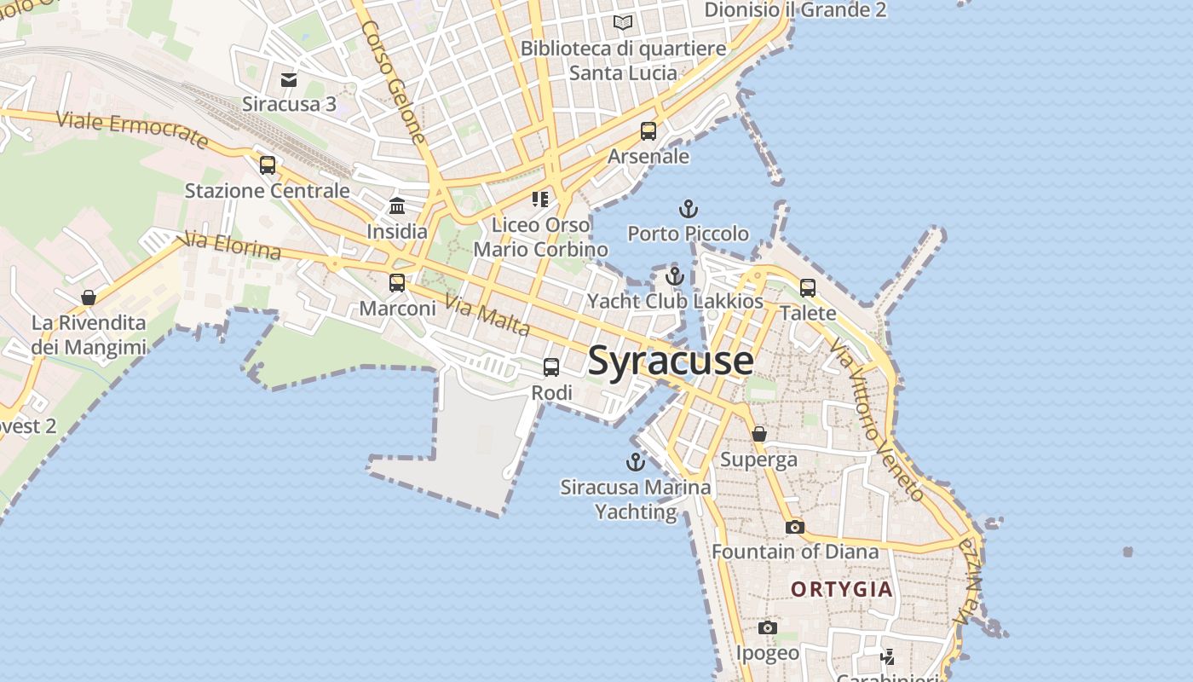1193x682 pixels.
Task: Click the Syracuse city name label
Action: point(671,361)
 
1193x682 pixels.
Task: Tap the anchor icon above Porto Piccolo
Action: point(688,208)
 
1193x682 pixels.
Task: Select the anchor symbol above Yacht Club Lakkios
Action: point(675,276)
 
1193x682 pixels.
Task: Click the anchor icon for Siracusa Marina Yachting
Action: point(635,462)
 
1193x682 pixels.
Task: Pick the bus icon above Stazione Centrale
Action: point(268,165)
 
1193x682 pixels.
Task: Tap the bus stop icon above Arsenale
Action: point(648,131)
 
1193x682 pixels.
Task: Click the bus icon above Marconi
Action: point(397,283)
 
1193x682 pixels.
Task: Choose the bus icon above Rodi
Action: point(551,367)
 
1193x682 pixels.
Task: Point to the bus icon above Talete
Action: point(808,288)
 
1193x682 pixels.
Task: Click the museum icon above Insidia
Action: point(397,206)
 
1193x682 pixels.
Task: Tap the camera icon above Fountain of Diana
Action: point(795,527)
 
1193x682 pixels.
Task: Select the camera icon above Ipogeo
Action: point(768,628)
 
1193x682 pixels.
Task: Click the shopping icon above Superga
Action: point(759,434)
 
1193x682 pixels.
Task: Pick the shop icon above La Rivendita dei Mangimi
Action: point(89,298)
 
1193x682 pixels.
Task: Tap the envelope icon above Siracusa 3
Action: point(289,80)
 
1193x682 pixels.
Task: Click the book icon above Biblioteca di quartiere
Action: point(624,22)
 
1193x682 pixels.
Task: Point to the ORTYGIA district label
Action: point(842,589)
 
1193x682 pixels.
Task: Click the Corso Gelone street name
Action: point(393,81)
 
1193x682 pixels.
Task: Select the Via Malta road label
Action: point(487,315)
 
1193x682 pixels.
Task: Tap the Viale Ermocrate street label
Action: point(132,130)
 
